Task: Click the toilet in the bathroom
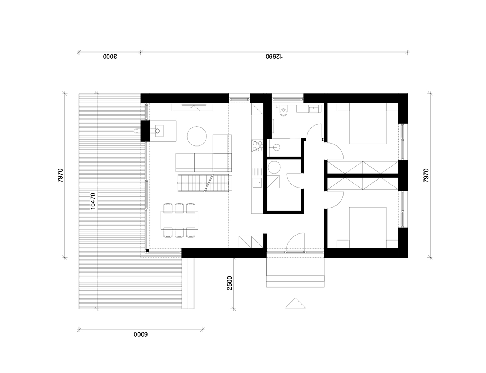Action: [x=283, y=110]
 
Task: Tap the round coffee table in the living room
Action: [x=197, y=136]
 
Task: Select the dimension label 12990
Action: [x=274, y=56]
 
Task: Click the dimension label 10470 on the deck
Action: [x=93, y=201]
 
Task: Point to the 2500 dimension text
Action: [x=230, y=283]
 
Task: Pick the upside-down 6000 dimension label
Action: [x=141, y=335]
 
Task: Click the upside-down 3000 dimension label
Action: [x=110, y=56]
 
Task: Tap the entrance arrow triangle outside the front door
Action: [x=295, y=303]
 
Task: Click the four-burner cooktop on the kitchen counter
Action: [x=257, y=146]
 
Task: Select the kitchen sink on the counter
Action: [x=257, y=182]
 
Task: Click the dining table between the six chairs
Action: [x=179, y=220]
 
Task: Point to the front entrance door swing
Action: [x=295, y=242]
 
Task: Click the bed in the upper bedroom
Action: [x=368, y=123]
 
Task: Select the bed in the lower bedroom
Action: [x=368, y=228]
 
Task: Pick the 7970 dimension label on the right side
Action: [x=426, y=175]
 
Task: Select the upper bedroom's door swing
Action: [x=334, y=150]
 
